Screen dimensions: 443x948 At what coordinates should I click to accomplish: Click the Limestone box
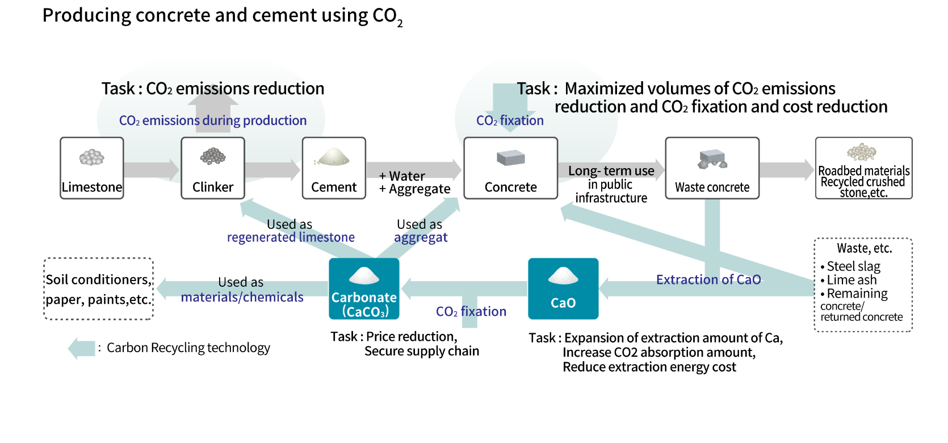click(x=92, y=168)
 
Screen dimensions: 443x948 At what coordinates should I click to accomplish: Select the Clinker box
click(x=213, y=168)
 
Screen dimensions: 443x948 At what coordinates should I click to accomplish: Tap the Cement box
click(x=334, y=168)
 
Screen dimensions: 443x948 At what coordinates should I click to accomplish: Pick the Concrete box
click(x=511, y=168)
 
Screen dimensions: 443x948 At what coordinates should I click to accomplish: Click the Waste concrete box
click(x=712, y=168)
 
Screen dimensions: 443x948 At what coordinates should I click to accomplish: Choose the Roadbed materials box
click(x=863, y=168)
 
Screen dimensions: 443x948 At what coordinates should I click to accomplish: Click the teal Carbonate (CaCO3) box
click(x=364, y=289)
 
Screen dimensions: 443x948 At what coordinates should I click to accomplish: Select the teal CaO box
click(x=563, y=289)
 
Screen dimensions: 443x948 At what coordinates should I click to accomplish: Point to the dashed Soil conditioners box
click(x=99, y=289)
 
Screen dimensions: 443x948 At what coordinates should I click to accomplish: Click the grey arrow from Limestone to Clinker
click(x=151, y=169)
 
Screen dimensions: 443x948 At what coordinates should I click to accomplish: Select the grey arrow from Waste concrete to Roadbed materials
click(x=787, y=169)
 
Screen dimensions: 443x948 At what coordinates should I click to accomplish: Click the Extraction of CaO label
click(x=708, y=279)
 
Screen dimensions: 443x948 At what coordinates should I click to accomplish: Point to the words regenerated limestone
click(x=291, y=237)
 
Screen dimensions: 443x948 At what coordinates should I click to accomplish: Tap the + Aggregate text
click(x=415, y=189)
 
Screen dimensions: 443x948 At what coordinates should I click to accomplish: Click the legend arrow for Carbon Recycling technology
click(x=81, y=348)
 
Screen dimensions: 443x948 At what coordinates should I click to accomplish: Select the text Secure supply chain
click(x=422, y=351)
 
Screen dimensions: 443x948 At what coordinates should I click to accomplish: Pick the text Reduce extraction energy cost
click(x=649, y=367)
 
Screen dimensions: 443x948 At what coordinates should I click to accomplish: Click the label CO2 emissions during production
click(x=213, y=120)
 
